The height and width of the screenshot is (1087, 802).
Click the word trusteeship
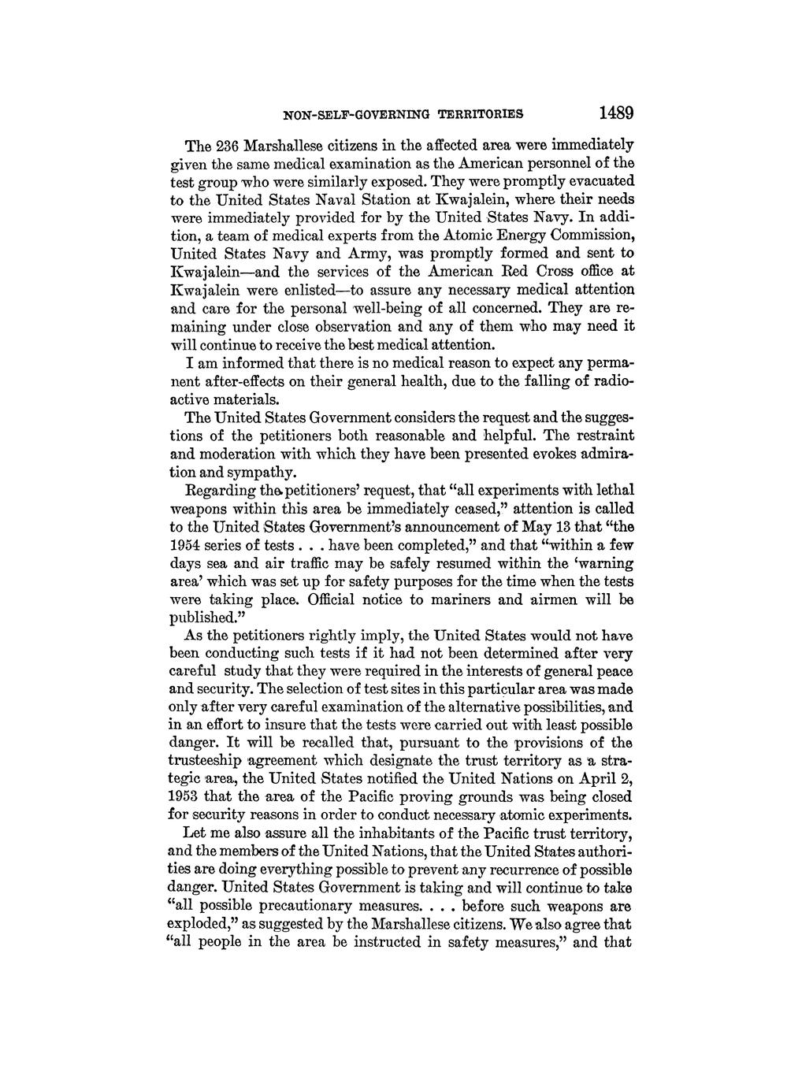209,760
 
